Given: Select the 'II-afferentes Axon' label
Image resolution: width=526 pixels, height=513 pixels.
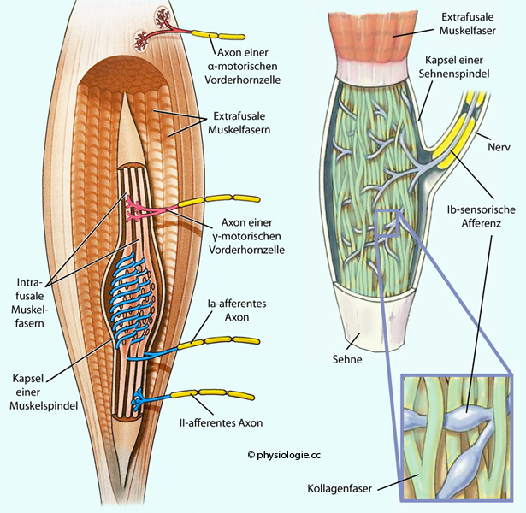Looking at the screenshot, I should [228, 422].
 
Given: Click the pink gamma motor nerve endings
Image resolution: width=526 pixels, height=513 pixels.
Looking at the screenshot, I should [138, 209].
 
